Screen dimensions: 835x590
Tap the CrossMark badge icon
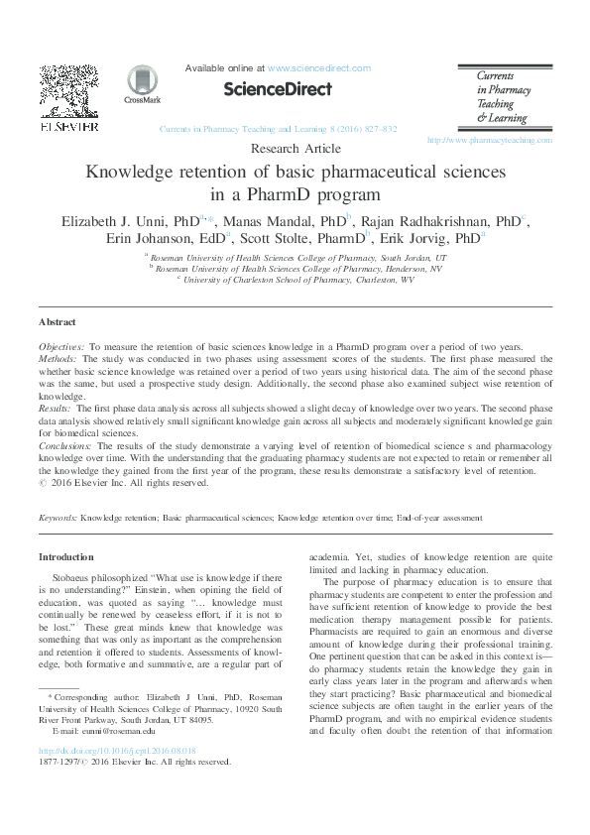point(142,84)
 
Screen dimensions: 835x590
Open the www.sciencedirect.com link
point(318,68)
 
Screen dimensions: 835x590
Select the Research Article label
point(295,149)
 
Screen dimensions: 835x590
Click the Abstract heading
point(57,322)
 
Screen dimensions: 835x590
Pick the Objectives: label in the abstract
point(62,347)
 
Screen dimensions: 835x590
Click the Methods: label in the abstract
point(57,359)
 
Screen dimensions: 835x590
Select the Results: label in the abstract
point(55,408)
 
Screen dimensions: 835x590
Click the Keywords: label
point(58,518)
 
